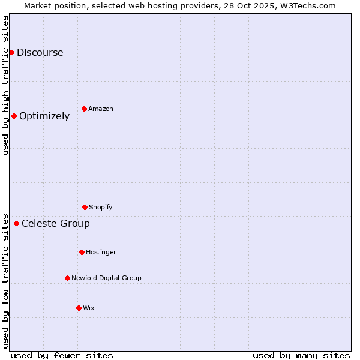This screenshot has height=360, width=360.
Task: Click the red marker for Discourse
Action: click(x=11, y=52)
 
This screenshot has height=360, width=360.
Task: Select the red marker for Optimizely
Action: click(x=14, y=116)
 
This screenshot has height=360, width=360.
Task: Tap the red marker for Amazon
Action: click(x=84, y=109)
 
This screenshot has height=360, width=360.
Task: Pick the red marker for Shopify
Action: click(x=85, y=207)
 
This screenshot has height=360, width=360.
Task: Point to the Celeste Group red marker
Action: click(x=16, y=223)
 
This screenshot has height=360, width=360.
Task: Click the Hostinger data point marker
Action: click(x=82, y=252)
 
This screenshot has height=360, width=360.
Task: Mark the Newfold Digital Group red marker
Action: click(x=67, y=278)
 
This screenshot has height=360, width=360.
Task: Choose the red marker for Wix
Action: click(x=79, y=308)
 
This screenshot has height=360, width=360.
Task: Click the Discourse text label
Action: click(x=40, y=52)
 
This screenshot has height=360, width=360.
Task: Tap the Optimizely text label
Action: click(x=44, y=116)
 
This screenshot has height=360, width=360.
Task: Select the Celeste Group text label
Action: click(x=56, y=223)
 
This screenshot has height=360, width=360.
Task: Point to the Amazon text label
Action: click(x=101, y=109)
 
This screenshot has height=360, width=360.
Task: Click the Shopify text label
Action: click(x=101, y=207)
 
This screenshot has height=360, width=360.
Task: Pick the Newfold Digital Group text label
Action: click(x=106, y=278)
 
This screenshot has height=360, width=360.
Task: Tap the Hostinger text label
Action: click(x=101, y=252)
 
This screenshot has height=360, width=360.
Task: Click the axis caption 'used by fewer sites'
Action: click(x=62, y=355)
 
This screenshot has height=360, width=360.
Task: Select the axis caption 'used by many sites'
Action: click(x=301, y=355)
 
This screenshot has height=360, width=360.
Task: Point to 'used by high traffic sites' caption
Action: click(x=5, y=85)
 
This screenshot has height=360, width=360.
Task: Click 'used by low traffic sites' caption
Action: click(x=5, y=280)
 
